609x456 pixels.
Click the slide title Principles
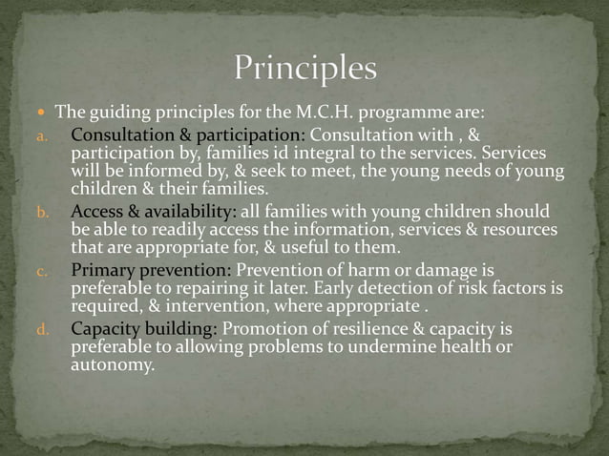pyautogui.click(x=305, y=70)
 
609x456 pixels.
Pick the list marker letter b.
pyautogui.click(x=42, y=212)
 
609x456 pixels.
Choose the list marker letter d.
pyautogui.click(x=42, y=330)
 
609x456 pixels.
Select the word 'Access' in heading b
pyautogui.click(x=99, y=211)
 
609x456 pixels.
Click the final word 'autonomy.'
pyautogui.click(x=113, y=363)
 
